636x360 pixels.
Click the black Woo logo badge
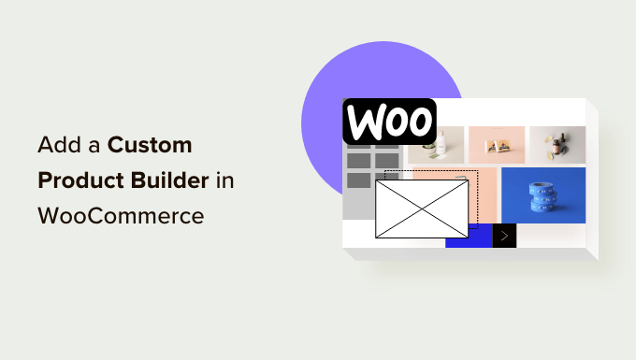pyautogui.click(x=389, y=122)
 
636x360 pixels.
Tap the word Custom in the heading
pyautogui.click(x=150, y=146)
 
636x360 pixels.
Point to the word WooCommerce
pyautogui.click(x=121, y=215)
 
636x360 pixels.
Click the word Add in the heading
pyautogui.click(x=58, y=146)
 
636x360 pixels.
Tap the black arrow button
pyautogui.click(x=505, y=236)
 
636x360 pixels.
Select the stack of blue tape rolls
pyautogui.click(x=542, y=200)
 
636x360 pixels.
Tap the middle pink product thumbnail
pyautogui.click(x=496, y=145)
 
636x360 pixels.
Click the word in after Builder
pyautogui.click(x=224, y=180)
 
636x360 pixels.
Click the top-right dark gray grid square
pyautogui.click(x=387, y=160)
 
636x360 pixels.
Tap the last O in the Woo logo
pyautogui.click(x=418, y=122)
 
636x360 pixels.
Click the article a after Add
pyautogui.click(x=94, y=147)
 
